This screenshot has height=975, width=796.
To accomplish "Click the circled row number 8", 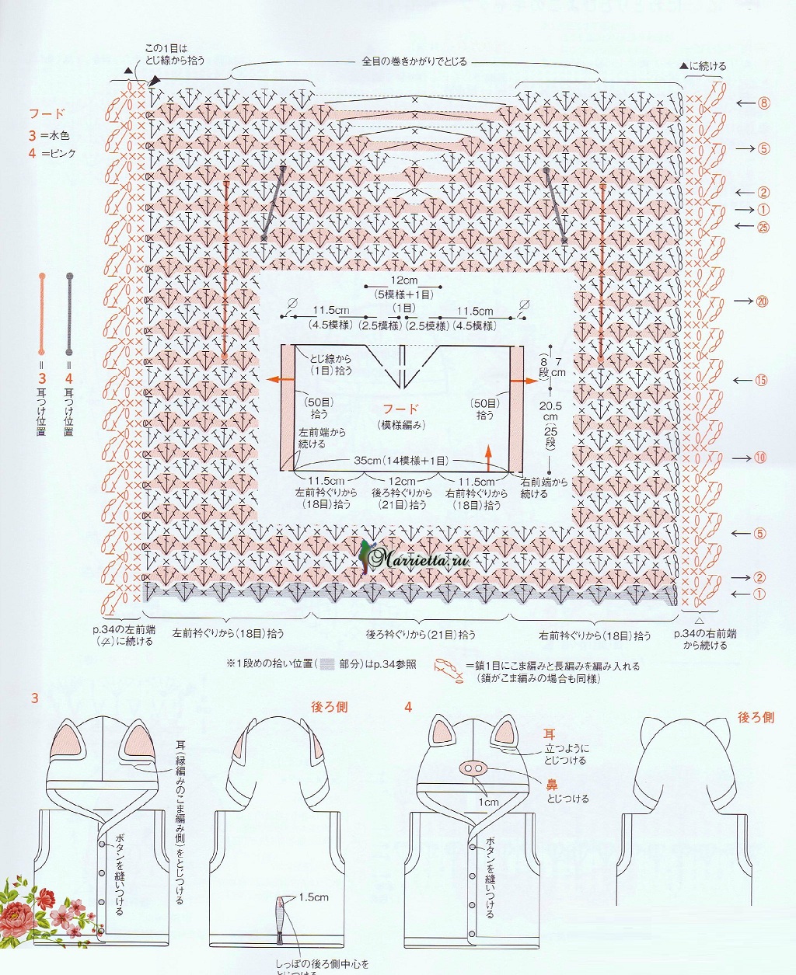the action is click(x=764, y=103).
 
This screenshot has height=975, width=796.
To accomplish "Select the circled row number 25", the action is click(x=763, y=227).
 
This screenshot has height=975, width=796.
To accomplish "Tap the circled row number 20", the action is click(x=762, y=301).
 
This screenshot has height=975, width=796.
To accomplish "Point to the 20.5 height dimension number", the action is click(x=549, y=406).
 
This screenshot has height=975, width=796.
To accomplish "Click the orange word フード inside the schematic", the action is click(x=400, y=409).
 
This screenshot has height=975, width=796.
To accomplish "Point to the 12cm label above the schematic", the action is click(x=403, y=280).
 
